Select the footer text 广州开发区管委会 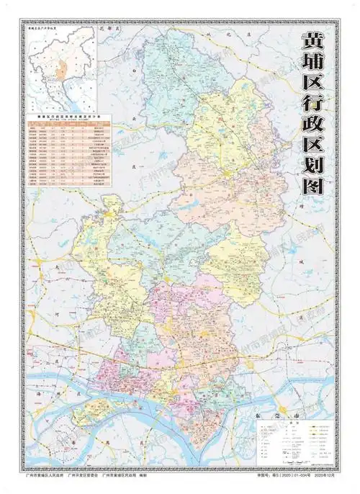tap(84, 476)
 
